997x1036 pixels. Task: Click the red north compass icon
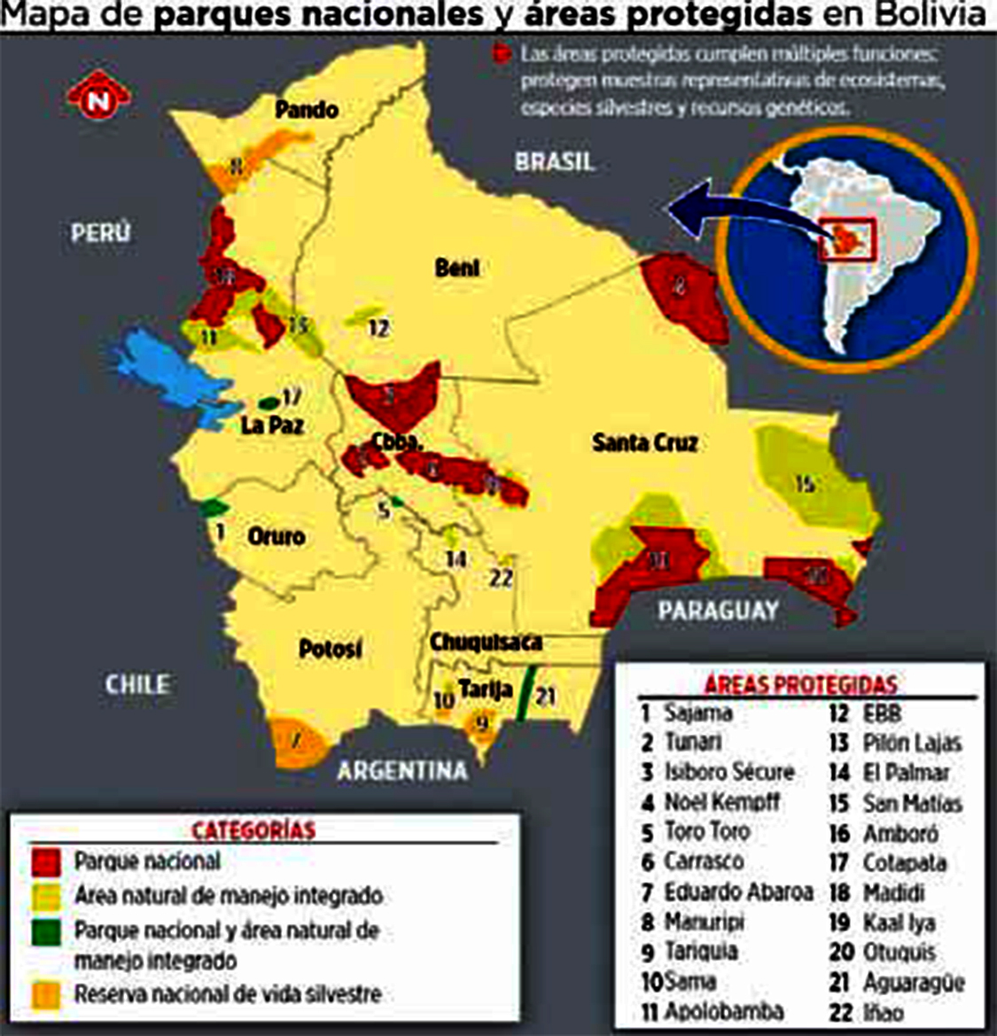pos(98,99)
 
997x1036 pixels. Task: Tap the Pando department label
pos(306,110)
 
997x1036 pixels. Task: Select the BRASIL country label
pos(555,161)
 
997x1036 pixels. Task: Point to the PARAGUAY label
pos(718,611)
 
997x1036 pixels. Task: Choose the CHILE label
pos(137,684)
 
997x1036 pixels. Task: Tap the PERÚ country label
pos(100,232)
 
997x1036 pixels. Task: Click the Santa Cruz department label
pos(644,442)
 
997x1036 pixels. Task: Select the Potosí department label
pos(330,650)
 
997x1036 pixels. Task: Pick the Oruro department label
pos(277,537)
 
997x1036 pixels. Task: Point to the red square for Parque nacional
pos(46,861)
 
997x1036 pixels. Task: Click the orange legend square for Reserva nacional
pos(46,994)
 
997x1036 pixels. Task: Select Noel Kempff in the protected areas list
pos(722,802)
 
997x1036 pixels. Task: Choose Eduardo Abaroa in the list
pos(737,892)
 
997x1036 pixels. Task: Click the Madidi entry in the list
pos(893,892)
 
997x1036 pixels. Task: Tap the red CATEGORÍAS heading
pos(253,830)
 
